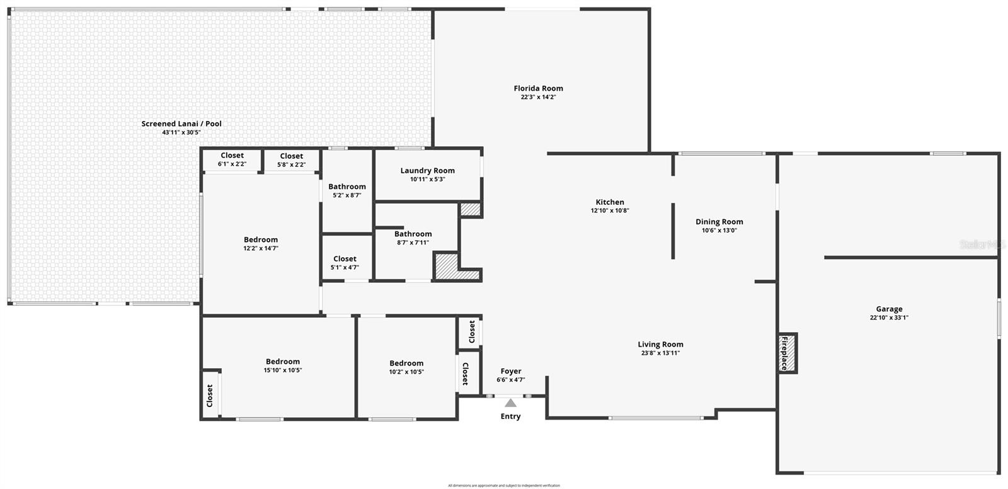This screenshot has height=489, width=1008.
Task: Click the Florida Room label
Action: [538, 88]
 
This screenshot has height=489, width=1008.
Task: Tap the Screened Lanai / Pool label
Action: [181, 124]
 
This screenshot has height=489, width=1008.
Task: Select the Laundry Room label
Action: [427, 170]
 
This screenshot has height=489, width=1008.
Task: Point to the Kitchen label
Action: [609, 202]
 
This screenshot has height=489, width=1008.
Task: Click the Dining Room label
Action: [719, 221]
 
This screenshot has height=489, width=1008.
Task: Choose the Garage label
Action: [889, 309]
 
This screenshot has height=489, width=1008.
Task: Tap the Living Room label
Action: [660, 344]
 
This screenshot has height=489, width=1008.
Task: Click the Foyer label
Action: [511, 371]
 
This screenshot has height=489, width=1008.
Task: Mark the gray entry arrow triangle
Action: [510, 403]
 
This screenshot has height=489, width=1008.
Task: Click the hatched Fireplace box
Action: [787, 353]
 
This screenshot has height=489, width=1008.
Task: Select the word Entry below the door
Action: [510, 417]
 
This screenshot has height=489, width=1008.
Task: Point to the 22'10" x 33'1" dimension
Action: [889, 318]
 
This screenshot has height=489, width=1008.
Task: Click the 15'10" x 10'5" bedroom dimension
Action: [282, 371]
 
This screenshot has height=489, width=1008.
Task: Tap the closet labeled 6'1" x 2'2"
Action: [232, 159]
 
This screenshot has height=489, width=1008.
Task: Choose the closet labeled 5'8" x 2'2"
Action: [291, 160]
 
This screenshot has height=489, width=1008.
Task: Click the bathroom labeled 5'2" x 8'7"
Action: [346, 190]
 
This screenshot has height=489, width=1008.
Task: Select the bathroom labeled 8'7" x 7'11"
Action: [413, 238]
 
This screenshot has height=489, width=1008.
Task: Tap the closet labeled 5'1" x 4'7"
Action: [345, 262]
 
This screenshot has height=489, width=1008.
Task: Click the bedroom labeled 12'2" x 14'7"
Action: [261, 243]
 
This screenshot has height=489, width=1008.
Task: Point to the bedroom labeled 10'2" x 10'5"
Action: [406, 367]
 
